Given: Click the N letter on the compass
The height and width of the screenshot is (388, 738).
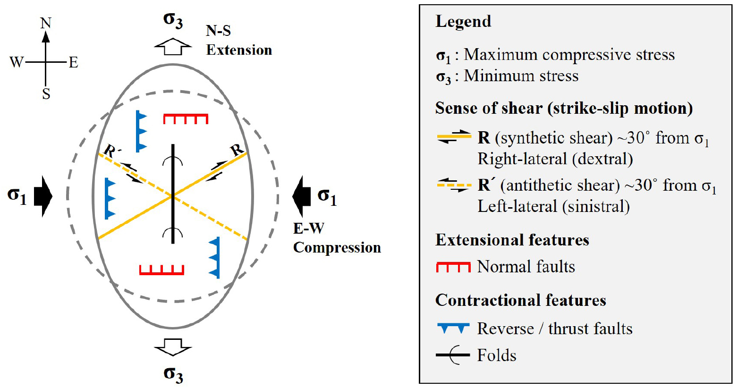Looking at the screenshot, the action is (x=46, y=24).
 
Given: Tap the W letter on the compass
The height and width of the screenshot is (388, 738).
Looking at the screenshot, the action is (x=17, y=62).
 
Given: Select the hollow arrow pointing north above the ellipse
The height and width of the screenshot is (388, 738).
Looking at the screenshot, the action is (x=173, y=47).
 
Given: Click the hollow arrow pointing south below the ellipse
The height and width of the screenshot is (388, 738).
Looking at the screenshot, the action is (x=173, y=347).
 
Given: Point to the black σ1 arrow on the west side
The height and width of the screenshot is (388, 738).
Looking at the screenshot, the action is (x=43, y=196).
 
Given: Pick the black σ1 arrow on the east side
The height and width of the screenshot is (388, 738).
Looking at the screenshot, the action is (x=301, y=196).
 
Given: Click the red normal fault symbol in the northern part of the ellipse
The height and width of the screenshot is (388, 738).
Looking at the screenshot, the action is (x=186, y=118).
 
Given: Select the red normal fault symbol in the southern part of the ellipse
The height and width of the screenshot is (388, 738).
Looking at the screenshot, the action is (x=161, y=270).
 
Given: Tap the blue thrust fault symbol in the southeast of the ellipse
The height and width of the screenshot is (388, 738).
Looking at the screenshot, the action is (x=214, y=258).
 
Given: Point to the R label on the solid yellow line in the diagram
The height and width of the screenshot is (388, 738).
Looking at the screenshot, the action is (x=237, y=150).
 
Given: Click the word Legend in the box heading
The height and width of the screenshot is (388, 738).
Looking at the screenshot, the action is (x=463, y=22).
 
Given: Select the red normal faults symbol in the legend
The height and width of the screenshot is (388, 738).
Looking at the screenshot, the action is (x=453, y=267).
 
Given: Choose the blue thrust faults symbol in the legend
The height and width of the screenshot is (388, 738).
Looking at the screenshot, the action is (x=453, y=328).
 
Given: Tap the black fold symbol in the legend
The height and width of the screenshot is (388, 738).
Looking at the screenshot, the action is (x=453, y=355).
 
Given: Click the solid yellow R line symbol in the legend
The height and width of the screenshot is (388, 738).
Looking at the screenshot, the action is (x=454, y=136).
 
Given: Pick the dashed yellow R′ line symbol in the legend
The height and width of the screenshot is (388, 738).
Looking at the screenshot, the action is (x=454, y=185).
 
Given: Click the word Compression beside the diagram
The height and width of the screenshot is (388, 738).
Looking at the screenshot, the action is (x=337, y=248).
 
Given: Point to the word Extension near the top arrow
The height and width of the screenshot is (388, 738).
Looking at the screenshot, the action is (x=239, y=50).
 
